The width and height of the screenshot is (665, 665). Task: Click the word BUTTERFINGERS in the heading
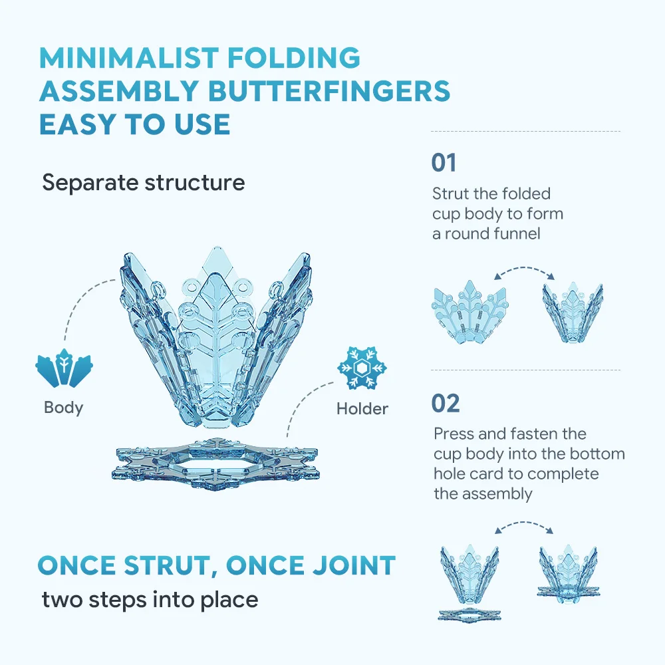tap(329, 91)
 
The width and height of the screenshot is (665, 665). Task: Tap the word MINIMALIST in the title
tap(129, 58)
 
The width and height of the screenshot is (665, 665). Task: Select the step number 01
tap(444, 163)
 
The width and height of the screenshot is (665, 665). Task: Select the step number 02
tap(446, 404)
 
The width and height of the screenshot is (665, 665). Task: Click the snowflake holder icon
tap(362, 368)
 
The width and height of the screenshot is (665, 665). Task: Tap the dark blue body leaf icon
tap(64, 368)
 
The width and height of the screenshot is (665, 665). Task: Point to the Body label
tap(64, 408)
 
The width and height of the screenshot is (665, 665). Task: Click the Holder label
tap(362, 409)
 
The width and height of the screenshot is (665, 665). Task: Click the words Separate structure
tap(144, 183)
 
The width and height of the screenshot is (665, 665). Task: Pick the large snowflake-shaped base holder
tap(215, 464)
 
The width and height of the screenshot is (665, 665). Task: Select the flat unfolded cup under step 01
tap(470, 312)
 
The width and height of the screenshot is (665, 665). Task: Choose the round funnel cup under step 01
tap(573, 313)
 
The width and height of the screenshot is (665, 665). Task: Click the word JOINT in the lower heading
tap(352, 565)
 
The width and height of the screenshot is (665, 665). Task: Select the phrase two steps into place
tap(150, 600)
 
